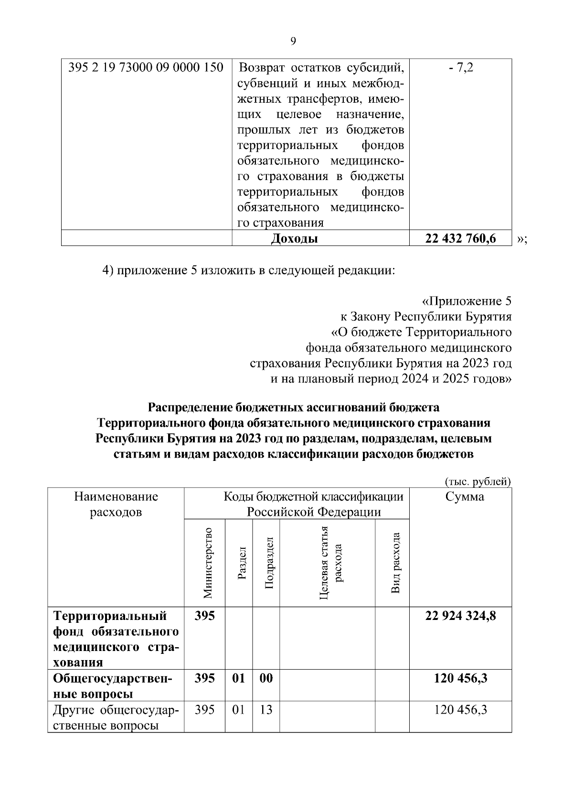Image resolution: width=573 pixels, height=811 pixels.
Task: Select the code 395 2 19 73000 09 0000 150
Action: (x=146, y=67)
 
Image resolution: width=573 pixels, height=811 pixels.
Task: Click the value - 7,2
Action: (x=460, y=67)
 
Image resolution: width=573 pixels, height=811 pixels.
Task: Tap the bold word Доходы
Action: (x=294, y=238)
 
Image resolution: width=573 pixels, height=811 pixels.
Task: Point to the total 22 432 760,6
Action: (x=460, y=238)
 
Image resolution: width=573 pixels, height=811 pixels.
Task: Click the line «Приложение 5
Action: (x=467, y=301)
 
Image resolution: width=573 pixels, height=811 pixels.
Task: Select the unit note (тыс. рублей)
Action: (x=477, y=481)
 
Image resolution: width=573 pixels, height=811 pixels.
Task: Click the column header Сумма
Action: (x=464, y=497)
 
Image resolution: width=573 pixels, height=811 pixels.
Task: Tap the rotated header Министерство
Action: (x=207, y=563)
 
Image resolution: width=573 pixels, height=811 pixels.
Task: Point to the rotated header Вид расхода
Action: (x=395, y=563)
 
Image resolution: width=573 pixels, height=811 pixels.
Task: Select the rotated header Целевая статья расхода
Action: (x=330, y=563)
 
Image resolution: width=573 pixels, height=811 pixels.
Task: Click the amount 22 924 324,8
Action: (x=460, y=616)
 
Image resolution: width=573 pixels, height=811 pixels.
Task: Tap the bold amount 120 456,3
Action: (x=460, y=678)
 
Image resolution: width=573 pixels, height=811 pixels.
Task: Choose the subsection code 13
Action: (x=266, y=710)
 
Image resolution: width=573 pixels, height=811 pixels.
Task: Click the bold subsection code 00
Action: (x=266, y=678)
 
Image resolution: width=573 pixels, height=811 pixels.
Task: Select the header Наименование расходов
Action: (x=116, y=504)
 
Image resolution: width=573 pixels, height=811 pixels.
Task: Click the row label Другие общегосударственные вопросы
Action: (x=116, y=717)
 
